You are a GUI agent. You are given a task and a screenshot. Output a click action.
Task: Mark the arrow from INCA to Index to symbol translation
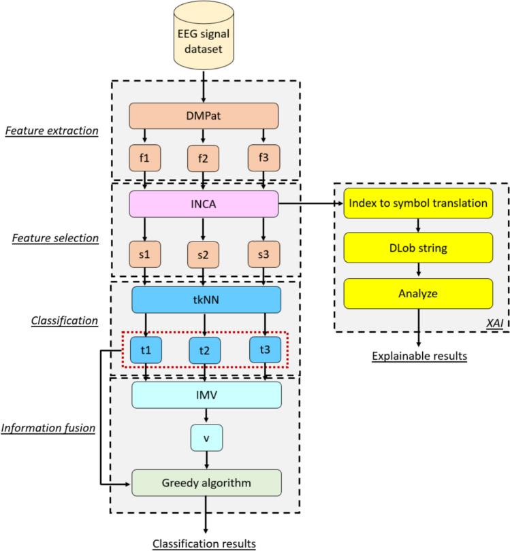[307, 203]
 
